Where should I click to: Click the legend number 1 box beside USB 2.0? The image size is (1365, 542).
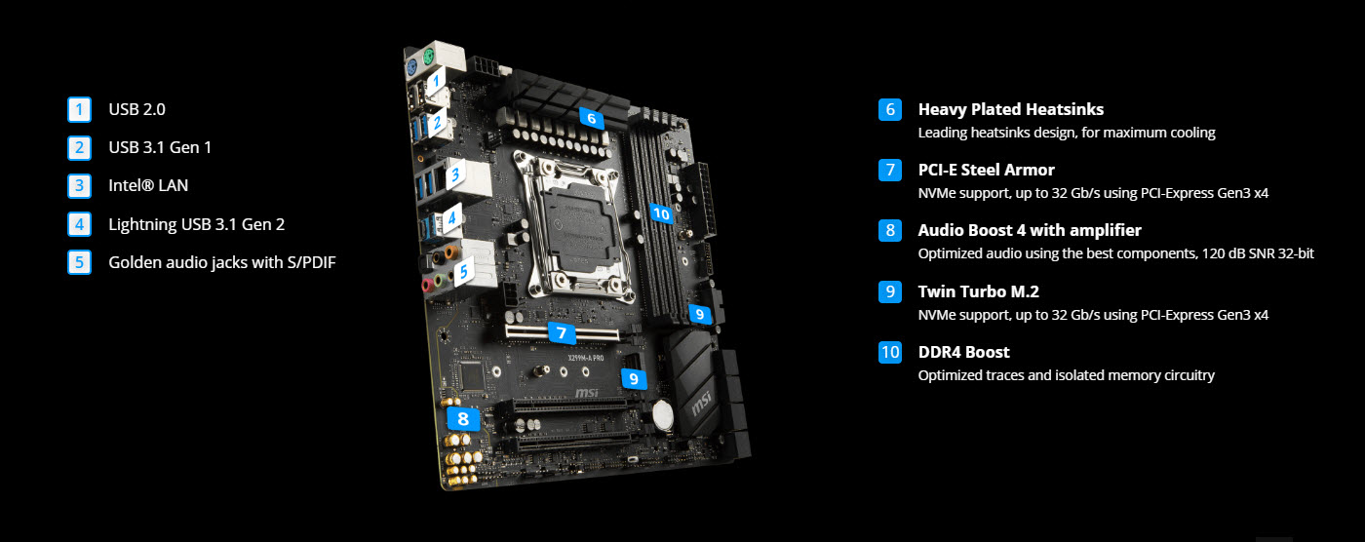coord(79,109)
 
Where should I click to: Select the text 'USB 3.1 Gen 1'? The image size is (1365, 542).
coord(160,147)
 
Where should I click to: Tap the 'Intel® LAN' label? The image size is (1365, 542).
coord(148,185)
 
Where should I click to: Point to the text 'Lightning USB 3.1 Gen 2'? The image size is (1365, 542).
coord(196,223)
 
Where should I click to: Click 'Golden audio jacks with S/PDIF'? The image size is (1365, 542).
coord(221,261)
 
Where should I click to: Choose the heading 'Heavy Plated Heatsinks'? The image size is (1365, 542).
coord(1010,109)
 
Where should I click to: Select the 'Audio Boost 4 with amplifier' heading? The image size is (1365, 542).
coord(1029,230)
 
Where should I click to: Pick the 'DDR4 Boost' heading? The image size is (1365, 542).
coord(963,352)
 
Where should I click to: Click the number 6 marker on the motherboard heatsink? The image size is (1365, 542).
coord(590,118)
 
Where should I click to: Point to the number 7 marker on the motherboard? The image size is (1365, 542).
coord(561,332)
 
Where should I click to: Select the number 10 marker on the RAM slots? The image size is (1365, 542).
coord(661,213)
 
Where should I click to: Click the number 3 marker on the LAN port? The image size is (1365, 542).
coord(454,176)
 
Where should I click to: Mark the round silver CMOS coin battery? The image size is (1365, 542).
coord(664,416)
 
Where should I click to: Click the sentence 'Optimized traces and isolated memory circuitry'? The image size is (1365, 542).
coord(1066,375)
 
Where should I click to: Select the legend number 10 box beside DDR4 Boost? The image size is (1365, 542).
coord(889,352)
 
